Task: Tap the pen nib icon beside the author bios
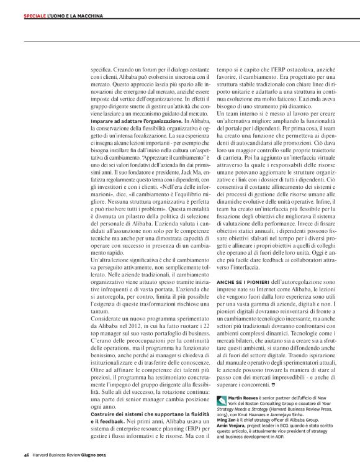click(x=222, y=401)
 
